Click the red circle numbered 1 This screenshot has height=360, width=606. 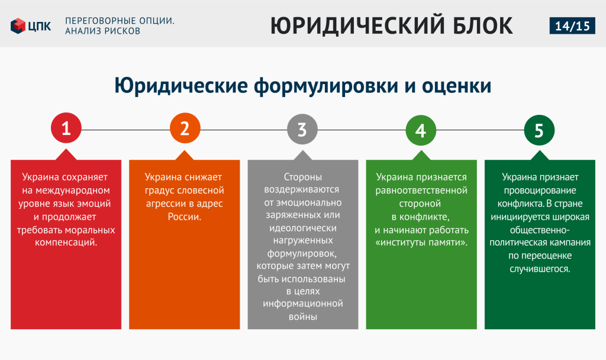point(66,128)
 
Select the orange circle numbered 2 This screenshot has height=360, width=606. point(185,128)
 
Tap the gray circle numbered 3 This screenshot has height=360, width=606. point(302,129)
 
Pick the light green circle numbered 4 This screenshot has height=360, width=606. point(421,130)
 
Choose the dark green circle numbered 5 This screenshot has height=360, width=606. point(539,130)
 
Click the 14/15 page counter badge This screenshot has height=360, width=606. point(572,25)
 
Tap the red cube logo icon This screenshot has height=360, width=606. point(18,26)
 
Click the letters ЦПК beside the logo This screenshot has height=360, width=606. point(40,26)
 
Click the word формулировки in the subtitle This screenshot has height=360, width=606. point(326,85)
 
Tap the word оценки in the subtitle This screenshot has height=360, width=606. point(456,86)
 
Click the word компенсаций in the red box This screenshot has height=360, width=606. point(66,243)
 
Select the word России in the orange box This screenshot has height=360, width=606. point(185,217)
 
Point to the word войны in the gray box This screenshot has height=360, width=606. point(302,317)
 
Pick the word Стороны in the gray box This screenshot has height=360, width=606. point(302,177)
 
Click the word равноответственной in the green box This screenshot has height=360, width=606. point(421,191)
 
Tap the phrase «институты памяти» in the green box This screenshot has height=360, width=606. point(421,243)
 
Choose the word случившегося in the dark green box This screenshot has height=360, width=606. point(540,269)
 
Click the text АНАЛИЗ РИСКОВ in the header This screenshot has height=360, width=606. point(102,31)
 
